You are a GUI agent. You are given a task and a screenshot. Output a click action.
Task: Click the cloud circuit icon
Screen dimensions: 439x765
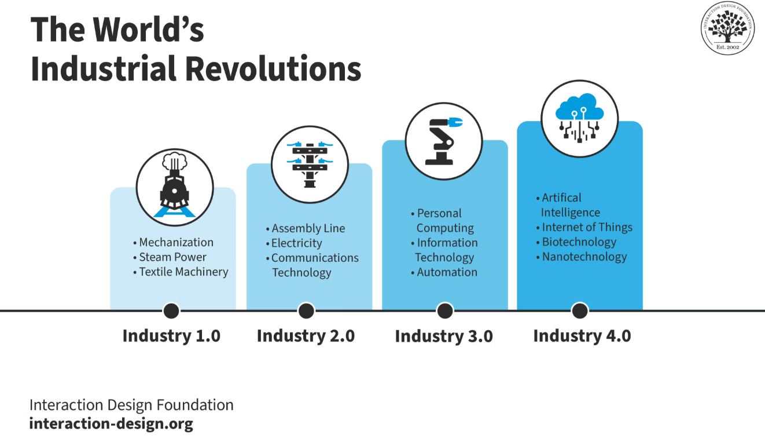[579, 119]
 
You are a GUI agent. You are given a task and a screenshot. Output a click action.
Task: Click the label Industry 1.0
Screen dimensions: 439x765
[171, 336]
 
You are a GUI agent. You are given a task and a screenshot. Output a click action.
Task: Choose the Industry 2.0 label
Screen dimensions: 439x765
[306, 336]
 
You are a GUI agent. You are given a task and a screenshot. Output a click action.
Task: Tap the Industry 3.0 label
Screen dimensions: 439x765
[444, 336]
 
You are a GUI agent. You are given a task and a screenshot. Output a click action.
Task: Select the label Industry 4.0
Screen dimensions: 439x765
[582, 336]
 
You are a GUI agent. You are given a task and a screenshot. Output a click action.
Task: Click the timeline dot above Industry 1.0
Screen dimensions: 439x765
[171, 311]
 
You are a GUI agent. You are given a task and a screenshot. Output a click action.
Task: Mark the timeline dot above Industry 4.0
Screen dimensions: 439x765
[580, 311]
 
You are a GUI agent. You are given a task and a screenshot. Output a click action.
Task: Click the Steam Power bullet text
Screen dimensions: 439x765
[172, 257]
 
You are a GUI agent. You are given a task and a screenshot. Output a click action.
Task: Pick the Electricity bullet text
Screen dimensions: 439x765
[296, 243]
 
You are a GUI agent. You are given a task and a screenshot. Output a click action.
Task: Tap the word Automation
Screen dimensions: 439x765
[447, 272]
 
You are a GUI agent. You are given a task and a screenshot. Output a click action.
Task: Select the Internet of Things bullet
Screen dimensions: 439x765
[587, 228]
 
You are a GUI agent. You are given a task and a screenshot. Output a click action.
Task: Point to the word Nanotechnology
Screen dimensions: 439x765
[584, 257]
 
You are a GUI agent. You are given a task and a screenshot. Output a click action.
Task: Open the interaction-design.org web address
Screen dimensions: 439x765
[111, 423]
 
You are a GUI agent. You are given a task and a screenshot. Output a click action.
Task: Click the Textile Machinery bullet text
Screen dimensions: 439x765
[183, 272]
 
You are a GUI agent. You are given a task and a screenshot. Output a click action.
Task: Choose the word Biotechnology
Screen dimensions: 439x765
[579, 242]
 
